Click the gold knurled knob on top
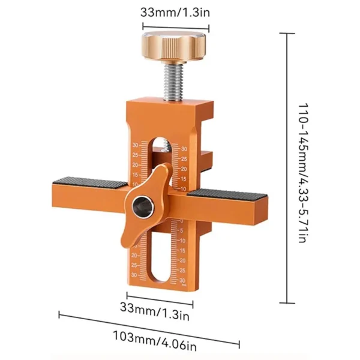coord(175,46)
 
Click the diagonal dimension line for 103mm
coord(149,328)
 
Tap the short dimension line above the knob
coord(175,26)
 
